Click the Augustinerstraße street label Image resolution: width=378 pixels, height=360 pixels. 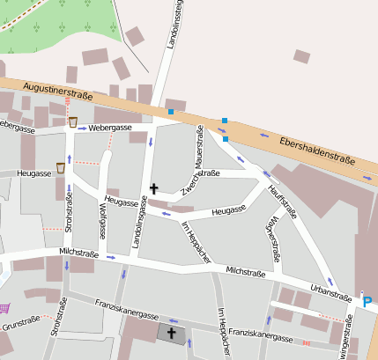[58, 90]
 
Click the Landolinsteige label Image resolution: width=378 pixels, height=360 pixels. [178, 26]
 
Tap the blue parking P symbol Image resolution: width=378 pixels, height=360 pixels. [367, 302]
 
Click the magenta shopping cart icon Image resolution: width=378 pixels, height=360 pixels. [4, 308]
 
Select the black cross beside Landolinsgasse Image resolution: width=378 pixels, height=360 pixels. [154, 187]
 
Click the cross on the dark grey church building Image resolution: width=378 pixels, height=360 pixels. [172, 333]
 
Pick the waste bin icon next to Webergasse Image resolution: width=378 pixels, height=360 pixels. [72, 121]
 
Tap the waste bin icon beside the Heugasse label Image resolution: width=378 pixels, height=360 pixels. [61, 167]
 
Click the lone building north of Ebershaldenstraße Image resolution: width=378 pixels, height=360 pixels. [301, 56]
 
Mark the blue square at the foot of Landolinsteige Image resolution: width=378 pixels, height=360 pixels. [170, 111]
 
